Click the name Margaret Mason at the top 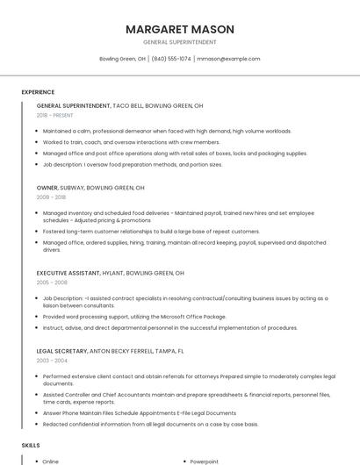click(x=179, y=28)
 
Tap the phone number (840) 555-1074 click(x=171, y=59)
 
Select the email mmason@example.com click(x=228, y=59)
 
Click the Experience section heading click(x=38, y=92)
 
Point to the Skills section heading click(x=31, y=446)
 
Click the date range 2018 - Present click(x=55, y=115)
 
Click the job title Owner click(x=47, y=188)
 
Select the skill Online click(x=51, y=461)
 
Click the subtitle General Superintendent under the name click(x=179, y=41)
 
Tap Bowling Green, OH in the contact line click(x=122, y=59)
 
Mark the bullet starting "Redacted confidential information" click(x=150, y=424)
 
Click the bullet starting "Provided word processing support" click(x=134, y=316)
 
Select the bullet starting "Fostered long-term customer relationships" click(x=151, y=231)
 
